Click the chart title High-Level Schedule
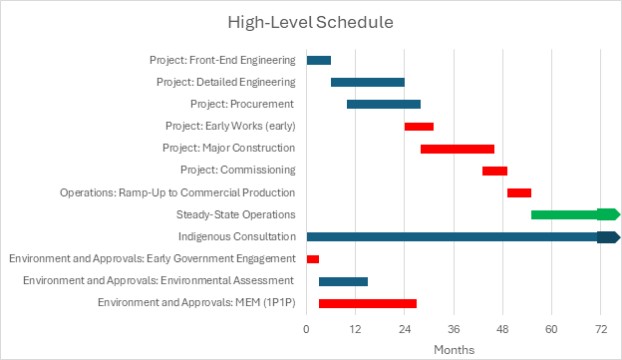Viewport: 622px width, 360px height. coord(310,22)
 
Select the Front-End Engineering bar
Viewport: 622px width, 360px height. coord(319,60)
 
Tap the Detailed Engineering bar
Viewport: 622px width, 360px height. coord(368,82)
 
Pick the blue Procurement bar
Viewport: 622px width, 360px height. coord(384,104)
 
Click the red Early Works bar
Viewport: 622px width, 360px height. coord(419,126)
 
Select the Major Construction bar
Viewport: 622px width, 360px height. coord(457,149)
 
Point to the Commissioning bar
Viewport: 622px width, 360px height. coord(495,171)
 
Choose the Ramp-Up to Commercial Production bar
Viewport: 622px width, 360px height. coord(519,193)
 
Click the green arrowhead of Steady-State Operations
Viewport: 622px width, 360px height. coord(609,214)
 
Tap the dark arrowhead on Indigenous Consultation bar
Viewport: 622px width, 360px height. coord(609,237)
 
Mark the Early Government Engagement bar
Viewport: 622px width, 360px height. coord(313,259)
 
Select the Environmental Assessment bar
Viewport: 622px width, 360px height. coord(343,281)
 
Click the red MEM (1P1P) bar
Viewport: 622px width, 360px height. coord(368,304)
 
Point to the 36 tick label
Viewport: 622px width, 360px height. coord(453,329)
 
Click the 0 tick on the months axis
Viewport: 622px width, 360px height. coord(306,329)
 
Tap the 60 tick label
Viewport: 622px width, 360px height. coord(551,329)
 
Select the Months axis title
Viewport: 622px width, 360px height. coord(454,350)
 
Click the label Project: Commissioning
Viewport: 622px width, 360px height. coord(238,170)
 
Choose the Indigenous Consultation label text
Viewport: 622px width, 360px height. coord(237,237)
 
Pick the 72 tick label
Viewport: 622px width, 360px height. coord(601,329)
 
